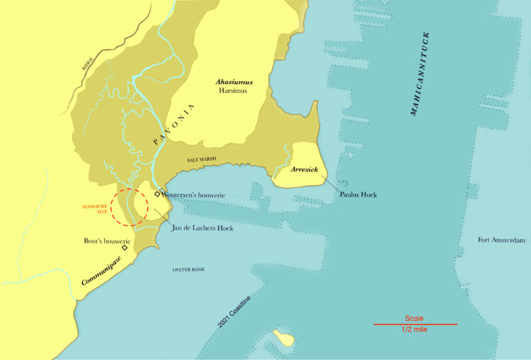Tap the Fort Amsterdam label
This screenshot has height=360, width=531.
point(501,240)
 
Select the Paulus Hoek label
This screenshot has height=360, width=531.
point(358,194)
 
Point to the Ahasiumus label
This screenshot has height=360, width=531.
point(234,82)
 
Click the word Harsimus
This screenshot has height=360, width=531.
point(234,91)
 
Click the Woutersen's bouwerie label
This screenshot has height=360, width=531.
point(196,196)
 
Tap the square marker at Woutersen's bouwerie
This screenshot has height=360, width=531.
point(158,194)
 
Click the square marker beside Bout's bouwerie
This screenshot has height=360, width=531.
point(124,247)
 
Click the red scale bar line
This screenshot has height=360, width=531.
point(415,323)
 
